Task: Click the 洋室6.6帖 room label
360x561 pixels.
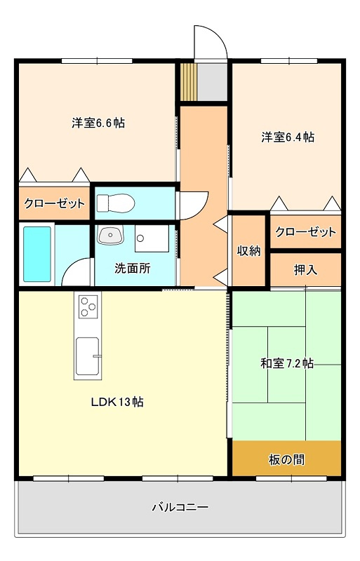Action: [98, 123]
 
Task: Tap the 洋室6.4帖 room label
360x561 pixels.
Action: [288, 137]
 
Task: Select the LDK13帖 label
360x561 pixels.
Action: [117, 402]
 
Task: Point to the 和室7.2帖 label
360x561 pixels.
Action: [287, 363]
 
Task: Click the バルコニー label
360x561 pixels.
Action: [180, 507]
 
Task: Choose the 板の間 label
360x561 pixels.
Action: [286, 459]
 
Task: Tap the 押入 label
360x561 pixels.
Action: [305, 270]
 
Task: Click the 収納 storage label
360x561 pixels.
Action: [248, 251]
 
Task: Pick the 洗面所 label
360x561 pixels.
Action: [133, 269]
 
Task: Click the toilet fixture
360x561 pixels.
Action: [116, 203]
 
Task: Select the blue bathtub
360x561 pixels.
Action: [37, 254]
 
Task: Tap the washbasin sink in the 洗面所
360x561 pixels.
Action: [111, 235]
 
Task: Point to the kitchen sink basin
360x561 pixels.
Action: [88, 356]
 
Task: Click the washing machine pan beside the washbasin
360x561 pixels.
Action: [152, 238]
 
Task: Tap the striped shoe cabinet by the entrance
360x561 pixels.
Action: [189, 82]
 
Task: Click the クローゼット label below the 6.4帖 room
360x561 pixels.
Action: [305, 232]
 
